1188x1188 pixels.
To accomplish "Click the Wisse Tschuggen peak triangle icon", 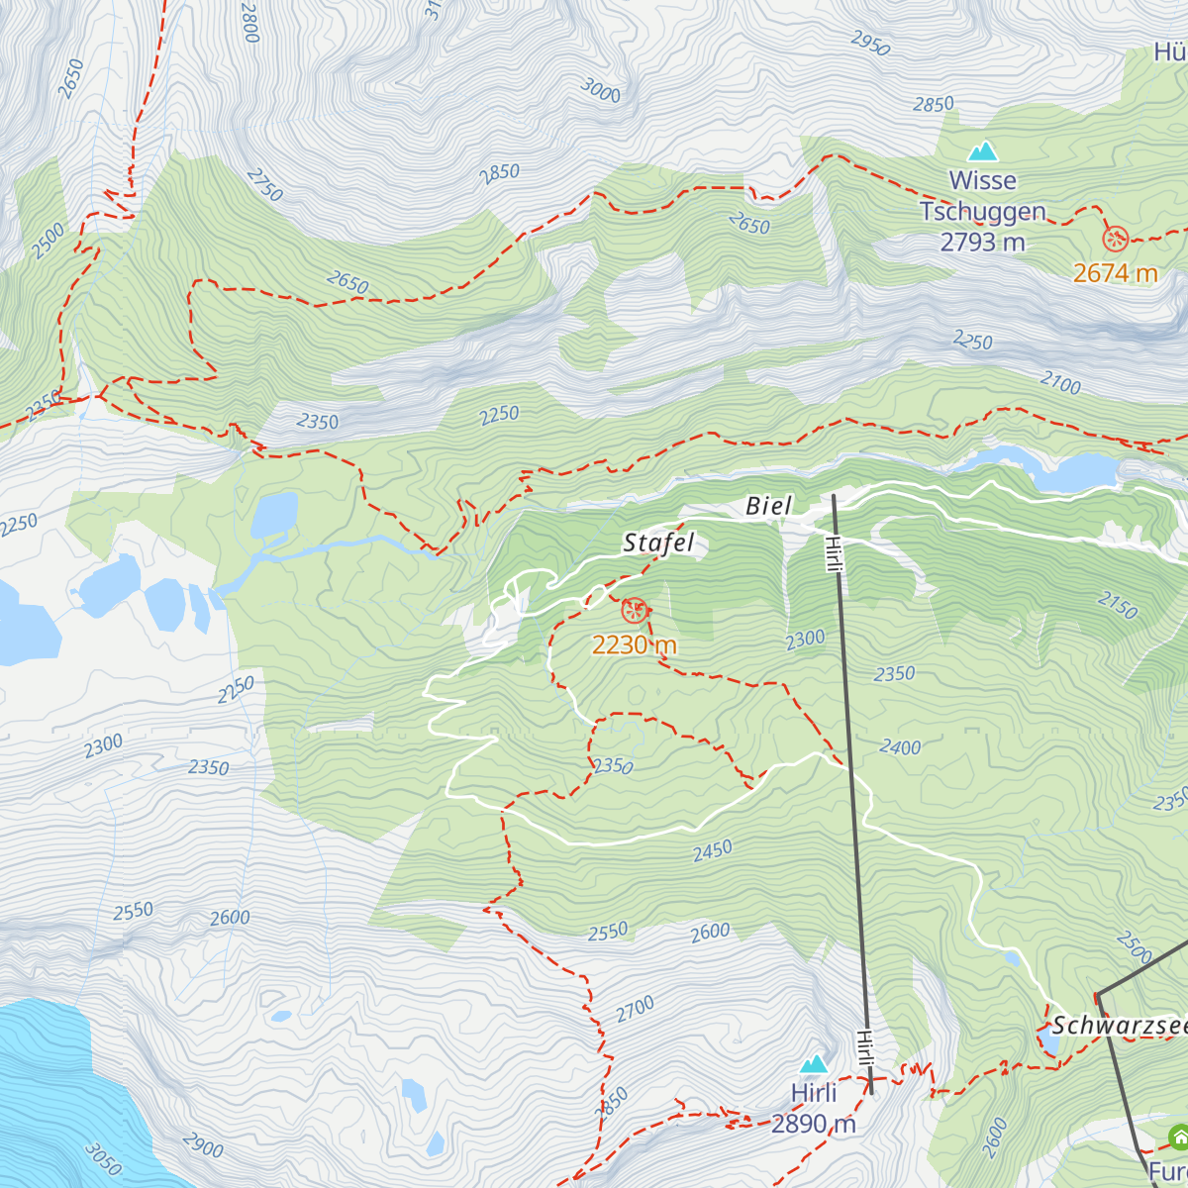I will coord(982,151).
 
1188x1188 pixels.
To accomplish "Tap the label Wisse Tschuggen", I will coord(982,196).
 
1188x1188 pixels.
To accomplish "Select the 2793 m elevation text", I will coord(982,242).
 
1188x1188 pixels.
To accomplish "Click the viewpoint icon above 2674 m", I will coord(1116,239).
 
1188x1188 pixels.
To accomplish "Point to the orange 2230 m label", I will coord(635,645).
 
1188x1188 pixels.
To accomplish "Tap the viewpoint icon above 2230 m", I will coord(634,611).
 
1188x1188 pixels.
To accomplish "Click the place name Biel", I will coord(768,506).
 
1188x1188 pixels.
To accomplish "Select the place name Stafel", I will coord(658,543).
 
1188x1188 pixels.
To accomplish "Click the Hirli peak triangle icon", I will coord(814,1064).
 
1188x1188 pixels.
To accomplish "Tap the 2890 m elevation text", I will coord(813,1124).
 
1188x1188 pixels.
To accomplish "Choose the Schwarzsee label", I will coord(1119,1026).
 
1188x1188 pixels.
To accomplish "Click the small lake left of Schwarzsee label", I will coord(1045,1039).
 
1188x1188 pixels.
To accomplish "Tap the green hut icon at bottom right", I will coord(1178,1138).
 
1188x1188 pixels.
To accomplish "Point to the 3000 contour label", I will coord(600,91).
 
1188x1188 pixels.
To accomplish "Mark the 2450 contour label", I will coord(712,849).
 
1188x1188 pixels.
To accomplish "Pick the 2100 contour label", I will coord(1060,382).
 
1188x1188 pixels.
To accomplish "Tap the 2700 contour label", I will coord(635,1010).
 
